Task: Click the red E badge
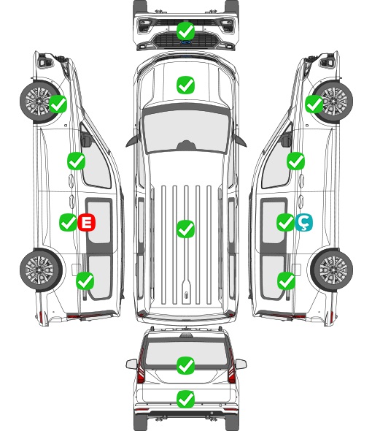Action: tap(87, 222)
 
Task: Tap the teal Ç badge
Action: tap(303, 222)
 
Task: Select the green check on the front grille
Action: tap(185, 31)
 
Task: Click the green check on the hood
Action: tap(185, 85)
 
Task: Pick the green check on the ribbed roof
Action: tap(185, 229)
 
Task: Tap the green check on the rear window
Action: tap(185, 365)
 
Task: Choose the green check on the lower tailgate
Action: tap(185, 399)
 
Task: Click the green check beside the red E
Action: tap(68, 222)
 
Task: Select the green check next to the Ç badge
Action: tap(285, 222)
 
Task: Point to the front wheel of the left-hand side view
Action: tap(39, 101)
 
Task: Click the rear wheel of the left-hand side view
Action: tap(41, 270)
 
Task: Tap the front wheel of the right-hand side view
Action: tap(333, 102)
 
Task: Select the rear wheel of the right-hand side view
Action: tap(332, 270)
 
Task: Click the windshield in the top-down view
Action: tap(186, 129)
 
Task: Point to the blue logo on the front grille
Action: tap(186, 42)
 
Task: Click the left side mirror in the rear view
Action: tap(132, 365)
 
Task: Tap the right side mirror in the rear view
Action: tap(241, 365)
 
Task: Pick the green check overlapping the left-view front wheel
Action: tap(58, 104)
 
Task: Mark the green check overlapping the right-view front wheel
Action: tap(314, 104)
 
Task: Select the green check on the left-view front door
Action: tap(76, 161)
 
